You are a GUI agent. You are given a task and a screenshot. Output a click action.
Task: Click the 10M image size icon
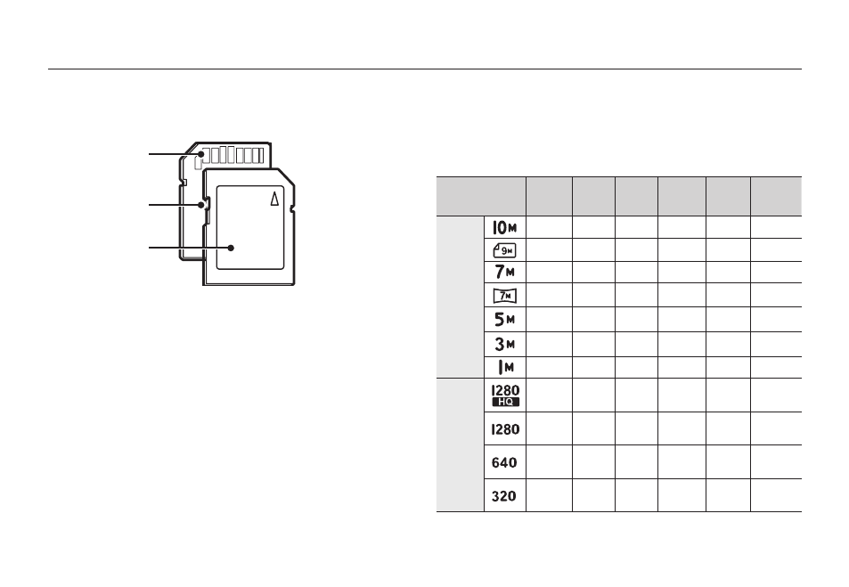[504, 227]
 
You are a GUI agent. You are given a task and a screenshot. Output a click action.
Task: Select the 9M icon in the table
[504, 250]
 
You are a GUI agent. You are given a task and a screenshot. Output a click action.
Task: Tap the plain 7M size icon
[504, 272]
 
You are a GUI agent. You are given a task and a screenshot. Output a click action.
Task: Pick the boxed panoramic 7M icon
[504, 296]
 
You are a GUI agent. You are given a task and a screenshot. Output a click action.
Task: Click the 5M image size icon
[504, 320]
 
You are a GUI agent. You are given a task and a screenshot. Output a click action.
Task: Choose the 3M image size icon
[504, 344]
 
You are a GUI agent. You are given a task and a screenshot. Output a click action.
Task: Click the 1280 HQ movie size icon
[505, 395]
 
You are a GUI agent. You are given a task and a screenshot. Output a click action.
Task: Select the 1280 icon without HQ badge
[505, 428]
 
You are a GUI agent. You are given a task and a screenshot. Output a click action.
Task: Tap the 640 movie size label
[504, 462]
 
